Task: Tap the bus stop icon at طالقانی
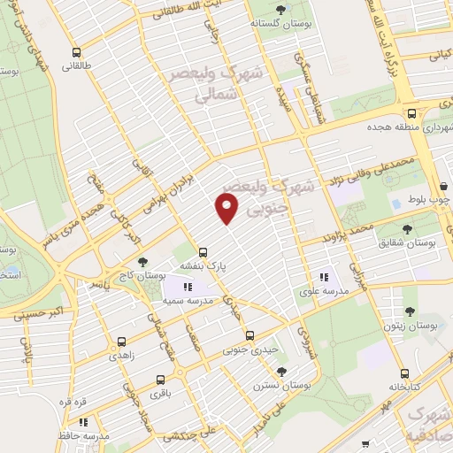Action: point(78,52)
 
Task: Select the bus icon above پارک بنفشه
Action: point(203,251)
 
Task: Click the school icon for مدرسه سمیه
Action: point(187,287)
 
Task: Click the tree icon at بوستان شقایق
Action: point(405,229)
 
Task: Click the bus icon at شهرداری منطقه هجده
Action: point(411,113)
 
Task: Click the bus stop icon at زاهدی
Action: point(121,341)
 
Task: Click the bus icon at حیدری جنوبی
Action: point(250,335)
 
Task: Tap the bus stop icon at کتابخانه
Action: point(404,373)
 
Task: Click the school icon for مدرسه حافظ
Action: point(83,423)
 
